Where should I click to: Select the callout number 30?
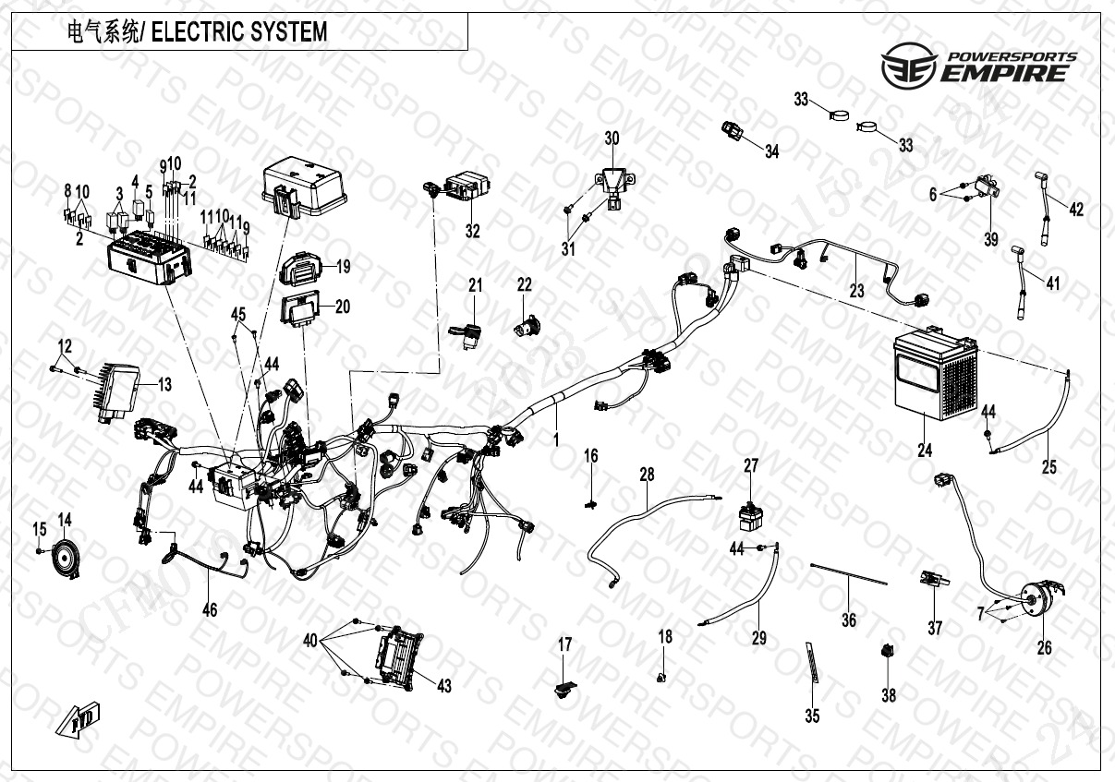pos(612,139)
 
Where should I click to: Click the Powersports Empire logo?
pos(978,67)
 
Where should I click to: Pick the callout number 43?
pos(444,686)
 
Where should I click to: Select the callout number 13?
pos(164,385)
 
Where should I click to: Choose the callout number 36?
pos(849,620)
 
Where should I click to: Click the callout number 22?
pos(524,286)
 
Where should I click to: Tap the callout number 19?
pos(343,268)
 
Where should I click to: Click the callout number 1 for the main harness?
pos(556,440)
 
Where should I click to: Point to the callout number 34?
pos(771,152)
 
